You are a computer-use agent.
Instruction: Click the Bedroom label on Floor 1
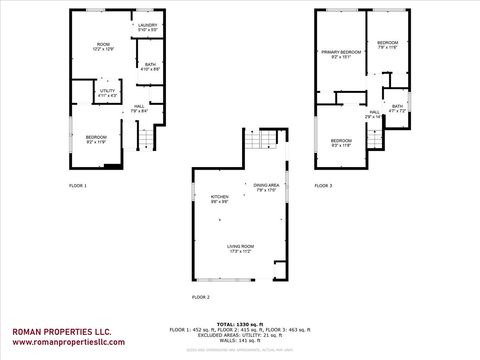click(x=96, y=139)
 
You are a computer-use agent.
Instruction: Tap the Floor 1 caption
click(x=77, y=186)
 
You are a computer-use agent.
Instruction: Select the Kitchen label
click(x=219, y=199)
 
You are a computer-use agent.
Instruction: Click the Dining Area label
click(x=266, y=188)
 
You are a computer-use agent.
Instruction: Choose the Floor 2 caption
click(x=201, y=297)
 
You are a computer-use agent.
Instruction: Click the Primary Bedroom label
click(x=340, y=54)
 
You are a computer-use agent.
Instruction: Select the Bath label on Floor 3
click(x=397, y=108)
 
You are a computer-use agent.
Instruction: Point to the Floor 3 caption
click(x=323, y=186)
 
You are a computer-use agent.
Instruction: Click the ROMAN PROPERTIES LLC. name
click(x=61, y=331)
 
